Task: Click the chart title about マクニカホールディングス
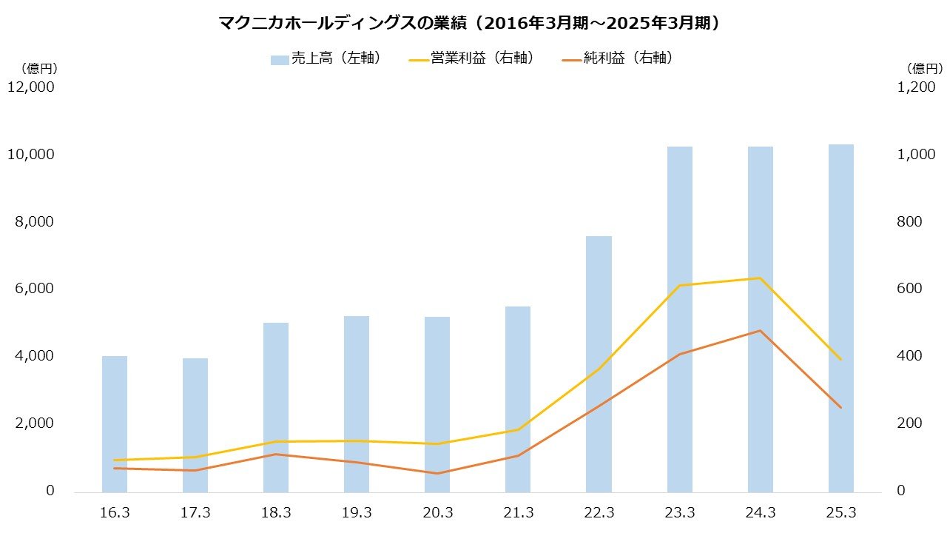470,24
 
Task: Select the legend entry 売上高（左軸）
326,58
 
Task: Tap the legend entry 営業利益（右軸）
471,58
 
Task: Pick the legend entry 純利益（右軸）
619,58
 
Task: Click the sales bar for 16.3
115,423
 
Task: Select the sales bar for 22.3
599,363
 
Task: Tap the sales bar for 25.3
841,318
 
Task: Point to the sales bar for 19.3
357,403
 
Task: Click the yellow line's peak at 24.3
760,278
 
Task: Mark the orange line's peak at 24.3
760,331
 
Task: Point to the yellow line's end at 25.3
840,360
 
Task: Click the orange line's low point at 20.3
437,473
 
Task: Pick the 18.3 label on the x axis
276,513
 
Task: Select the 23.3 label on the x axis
680,513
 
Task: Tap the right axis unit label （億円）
925,69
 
